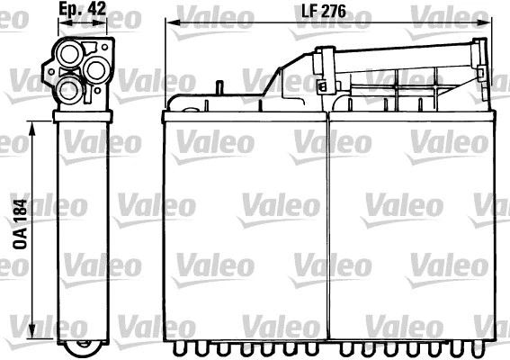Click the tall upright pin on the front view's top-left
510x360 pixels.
(x=219, y=93)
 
